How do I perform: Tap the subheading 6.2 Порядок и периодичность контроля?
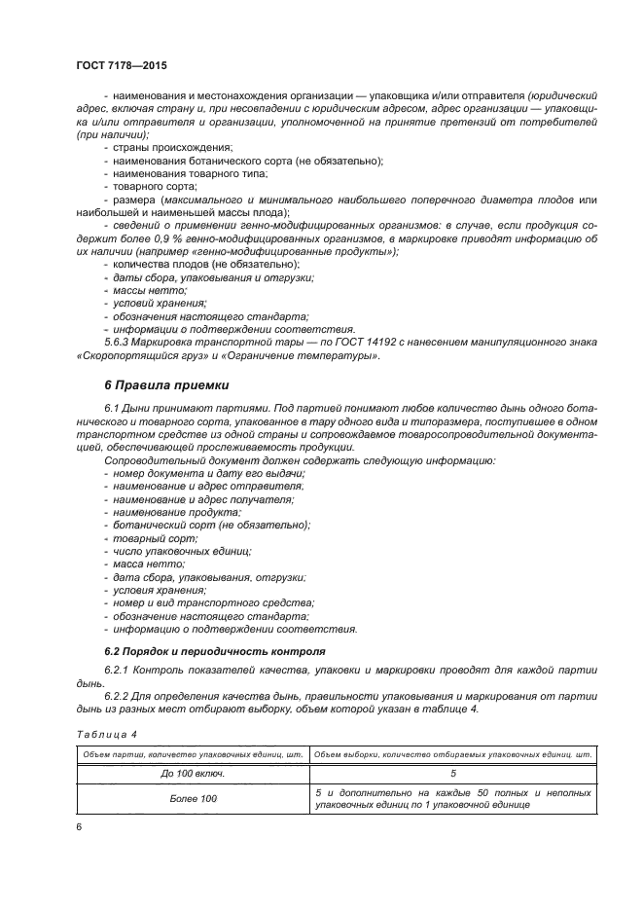tap(214, 650)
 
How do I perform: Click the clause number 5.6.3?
tap(116, 343)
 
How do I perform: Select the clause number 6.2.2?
tap(116, 697)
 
